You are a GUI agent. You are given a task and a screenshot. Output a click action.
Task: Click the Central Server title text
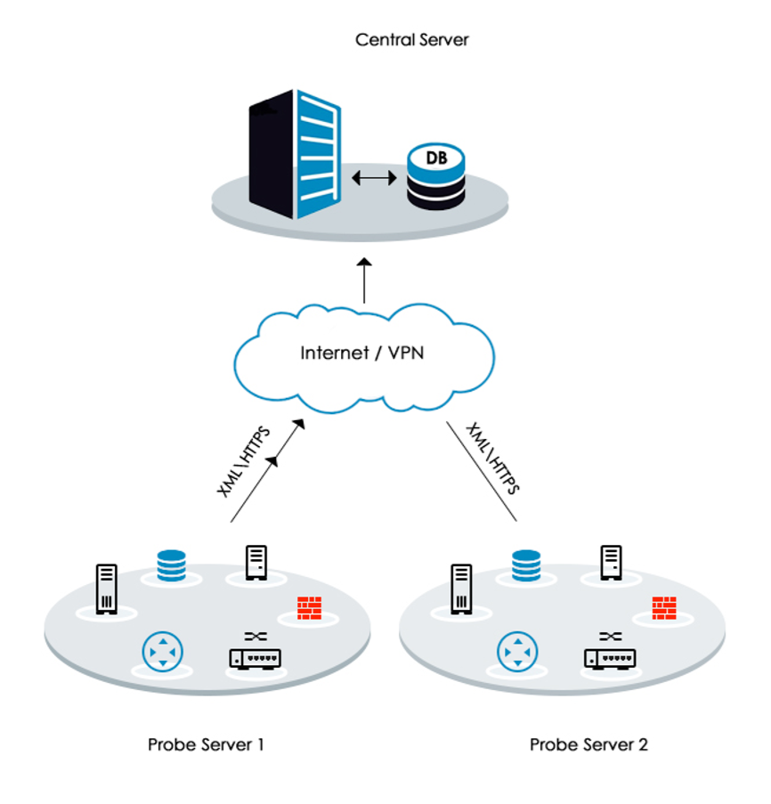[411, 40]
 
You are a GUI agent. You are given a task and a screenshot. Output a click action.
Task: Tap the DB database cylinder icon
[436, 176]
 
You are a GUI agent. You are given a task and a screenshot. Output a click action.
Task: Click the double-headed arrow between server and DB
[374, 178]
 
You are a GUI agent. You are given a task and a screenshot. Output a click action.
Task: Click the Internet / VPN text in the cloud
[362, 353]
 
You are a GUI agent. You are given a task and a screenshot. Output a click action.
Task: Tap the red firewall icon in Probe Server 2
[663, 607]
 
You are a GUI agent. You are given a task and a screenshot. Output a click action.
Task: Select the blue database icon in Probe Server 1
[174, 564]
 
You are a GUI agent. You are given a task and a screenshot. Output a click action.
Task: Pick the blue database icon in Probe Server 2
[526, 564]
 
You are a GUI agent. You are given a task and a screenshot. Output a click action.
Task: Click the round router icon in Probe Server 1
[162, 653]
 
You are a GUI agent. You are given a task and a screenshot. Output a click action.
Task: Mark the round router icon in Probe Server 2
[515, 653]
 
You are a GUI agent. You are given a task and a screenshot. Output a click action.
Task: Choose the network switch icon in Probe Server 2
[610, 654]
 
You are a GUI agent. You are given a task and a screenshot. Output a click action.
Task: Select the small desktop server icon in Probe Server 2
[611, 563]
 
